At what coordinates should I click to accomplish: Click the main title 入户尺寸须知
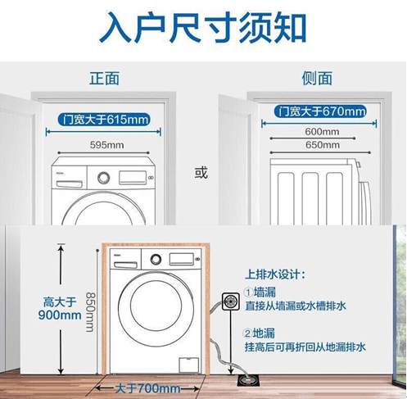click(x=203, y=27)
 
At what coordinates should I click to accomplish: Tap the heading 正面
click(x=104, y=79)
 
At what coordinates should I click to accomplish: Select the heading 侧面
click(x=317, y=79)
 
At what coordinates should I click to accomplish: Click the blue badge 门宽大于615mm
click(x=104, y=120)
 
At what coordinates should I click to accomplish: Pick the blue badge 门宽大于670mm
click(x=320, y=111)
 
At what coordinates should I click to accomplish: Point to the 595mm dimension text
click(x=107, y=145)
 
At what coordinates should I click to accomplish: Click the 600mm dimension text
click(x=322, y=132)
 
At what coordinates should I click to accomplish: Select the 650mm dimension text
click(x=323, y=145)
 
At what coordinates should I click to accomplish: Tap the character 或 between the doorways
click(x=201, y=173)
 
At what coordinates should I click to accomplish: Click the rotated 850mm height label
click(x=90, y=312)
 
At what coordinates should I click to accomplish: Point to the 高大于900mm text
click(x=60, y=309)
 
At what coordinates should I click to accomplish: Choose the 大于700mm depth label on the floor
click(x=147, y=388)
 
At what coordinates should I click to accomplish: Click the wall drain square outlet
click(x=231, y=302)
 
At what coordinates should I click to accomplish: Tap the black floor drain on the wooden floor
click(x=249, y=380)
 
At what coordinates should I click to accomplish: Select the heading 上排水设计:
click(x=275, y=274)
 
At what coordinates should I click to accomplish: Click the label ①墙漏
click(x=260, y=292)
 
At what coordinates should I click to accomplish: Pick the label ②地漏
click(x=259, y=333)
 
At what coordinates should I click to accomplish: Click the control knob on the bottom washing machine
click(x=156, y=260)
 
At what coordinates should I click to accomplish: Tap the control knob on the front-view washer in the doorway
click(x=104, y=178)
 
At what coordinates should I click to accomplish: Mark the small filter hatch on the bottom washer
click(x=188, y=365)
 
